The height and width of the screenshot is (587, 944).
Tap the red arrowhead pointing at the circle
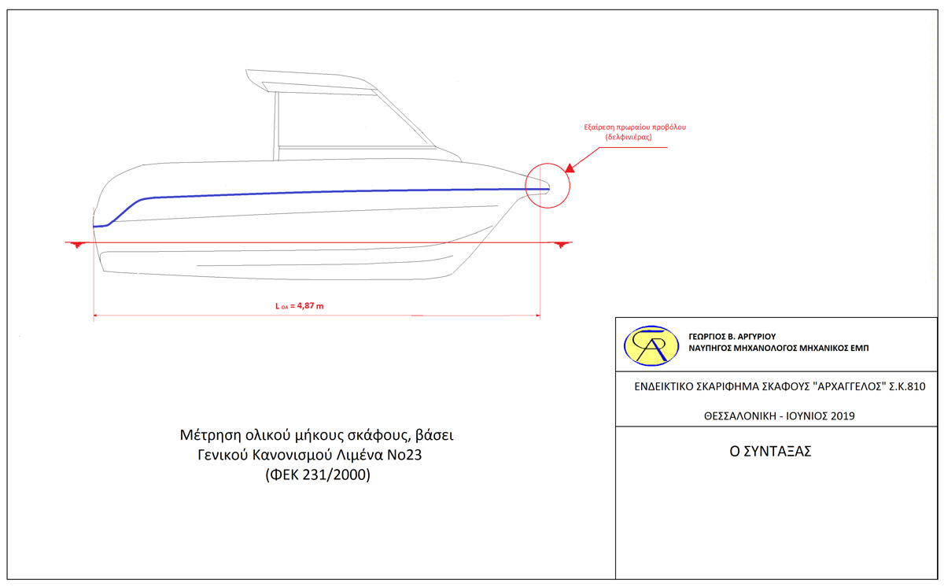pyautogui.click(x=570, y=167)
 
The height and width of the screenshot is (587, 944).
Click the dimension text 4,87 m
pyautogui.click(x=307, y=306)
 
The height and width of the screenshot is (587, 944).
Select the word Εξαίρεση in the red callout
pyautogui.click(x=602, y=127)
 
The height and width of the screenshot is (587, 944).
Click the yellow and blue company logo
pyautogui.click(x=651, y=345)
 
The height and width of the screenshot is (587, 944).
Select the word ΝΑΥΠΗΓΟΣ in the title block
pyautogui.click(x=712, y=347)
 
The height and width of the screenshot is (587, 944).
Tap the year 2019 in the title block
pyautogui.click(x=841, y=415)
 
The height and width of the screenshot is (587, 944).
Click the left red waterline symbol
pyautogui.click(x=76, y=246)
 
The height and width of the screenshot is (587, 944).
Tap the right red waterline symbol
pyautogui.click(x=561, y=246)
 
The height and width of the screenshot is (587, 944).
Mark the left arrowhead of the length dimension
pyautogui.click(x=96, y=316)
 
